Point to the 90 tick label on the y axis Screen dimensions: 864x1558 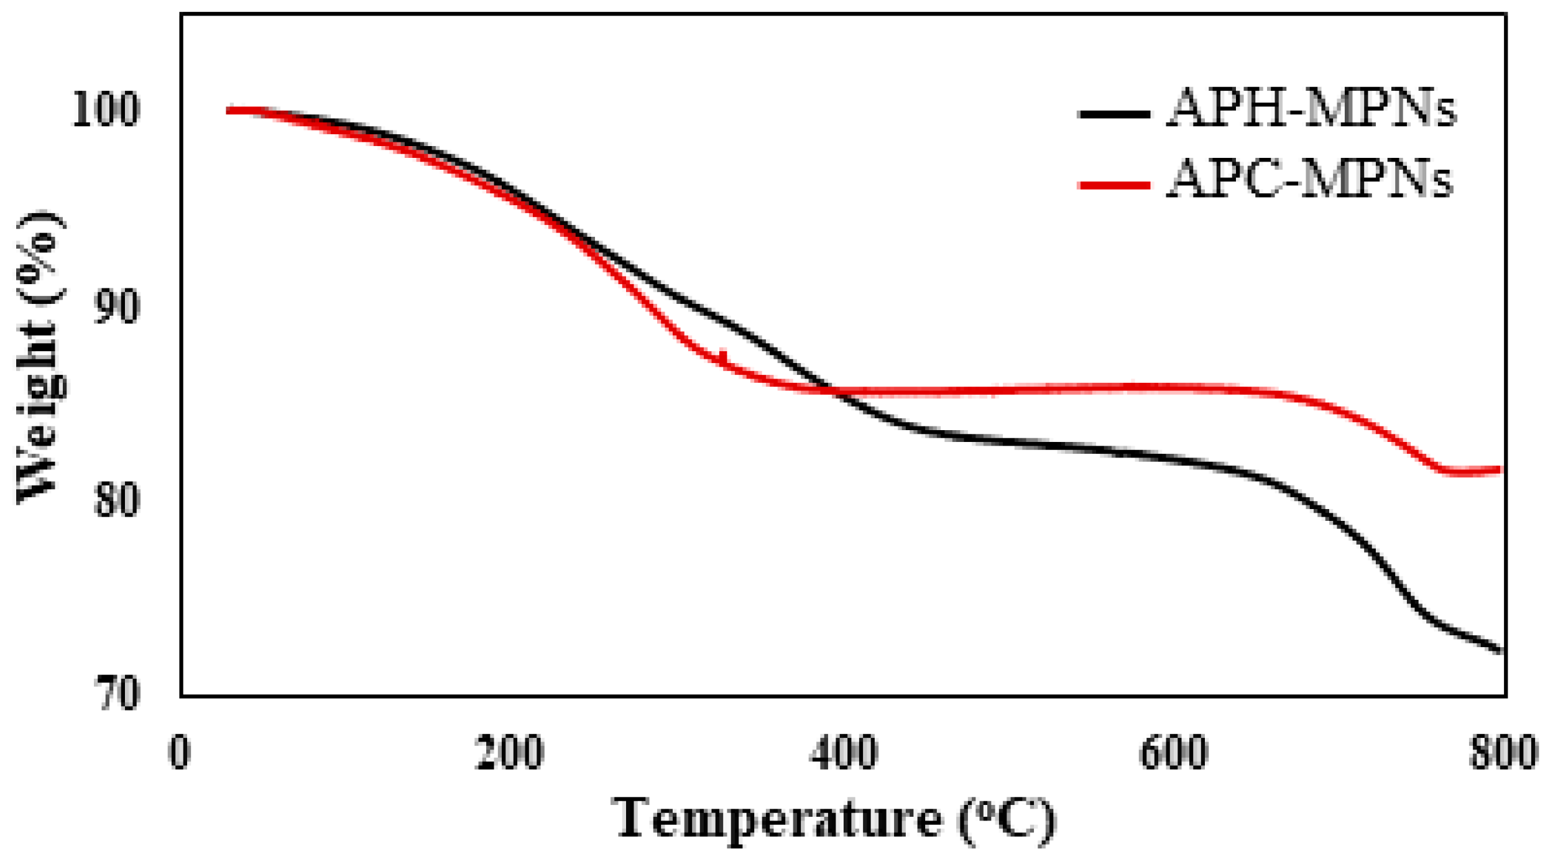pos(116,306)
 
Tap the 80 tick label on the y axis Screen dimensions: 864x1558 pos(116,500)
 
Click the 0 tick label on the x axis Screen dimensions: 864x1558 pos(180,752)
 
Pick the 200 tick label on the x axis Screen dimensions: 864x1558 pos(510,752)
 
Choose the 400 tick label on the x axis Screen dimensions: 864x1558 pos(844,752)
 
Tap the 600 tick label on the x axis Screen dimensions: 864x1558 pos(1174,752)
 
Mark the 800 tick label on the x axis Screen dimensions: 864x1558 pos(1503,752)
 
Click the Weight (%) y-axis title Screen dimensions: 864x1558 pos(40,357)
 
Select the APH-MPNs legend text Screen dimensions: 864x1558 pos(1312,109)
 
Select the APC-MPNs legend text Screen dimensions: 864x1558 pos(1309,180)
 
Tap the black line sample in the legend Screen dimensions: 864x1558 pos(1115,114)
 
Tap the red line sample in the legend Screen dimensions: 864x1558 pos(1115,185)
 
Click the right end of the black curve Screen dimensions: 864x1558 pos(1501,650)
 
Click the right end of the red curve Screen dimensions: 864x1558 pos(1500,470)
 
